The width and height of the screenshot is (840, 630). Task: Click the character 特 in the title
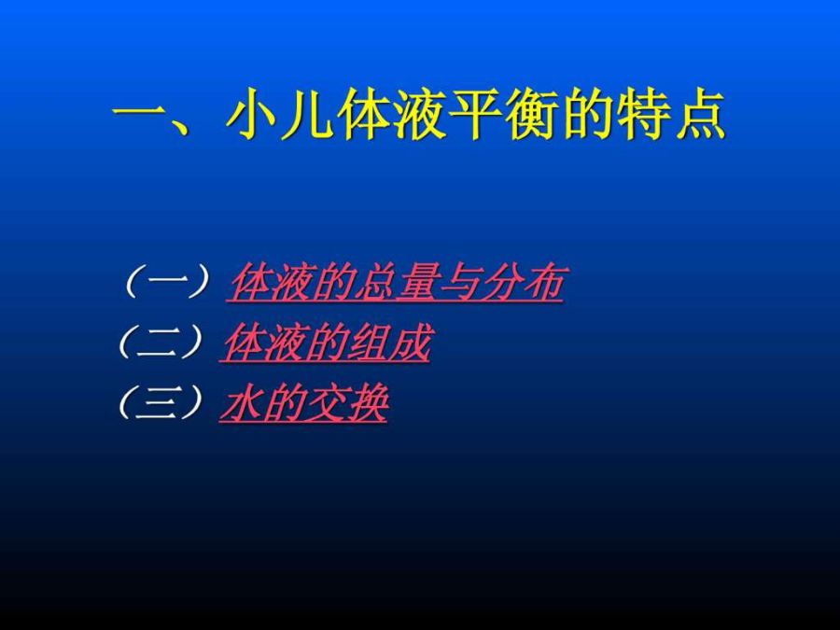pos(642,115)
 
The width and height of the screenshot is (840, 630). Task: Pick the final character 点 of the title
pos(699,115)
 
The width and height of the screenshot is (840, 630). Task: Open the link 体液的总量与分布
pos(396,282)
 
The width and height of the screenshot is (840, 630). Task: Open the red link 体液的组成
pos(325,343)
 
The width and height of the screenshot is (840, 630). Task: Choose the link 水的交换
pos(303,403)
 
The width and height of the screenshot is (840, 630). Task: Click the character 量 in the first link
pos(418,281)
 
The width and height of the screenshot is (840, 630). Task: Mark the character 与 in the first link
pos(459,281)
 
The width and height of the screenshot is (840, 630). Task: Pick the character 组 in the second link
pos(369,342)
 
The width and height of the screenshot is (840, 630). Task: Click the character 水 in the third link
pos(242,403)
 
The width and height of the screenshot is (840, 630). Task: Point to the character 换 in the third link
pos(368,403)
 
